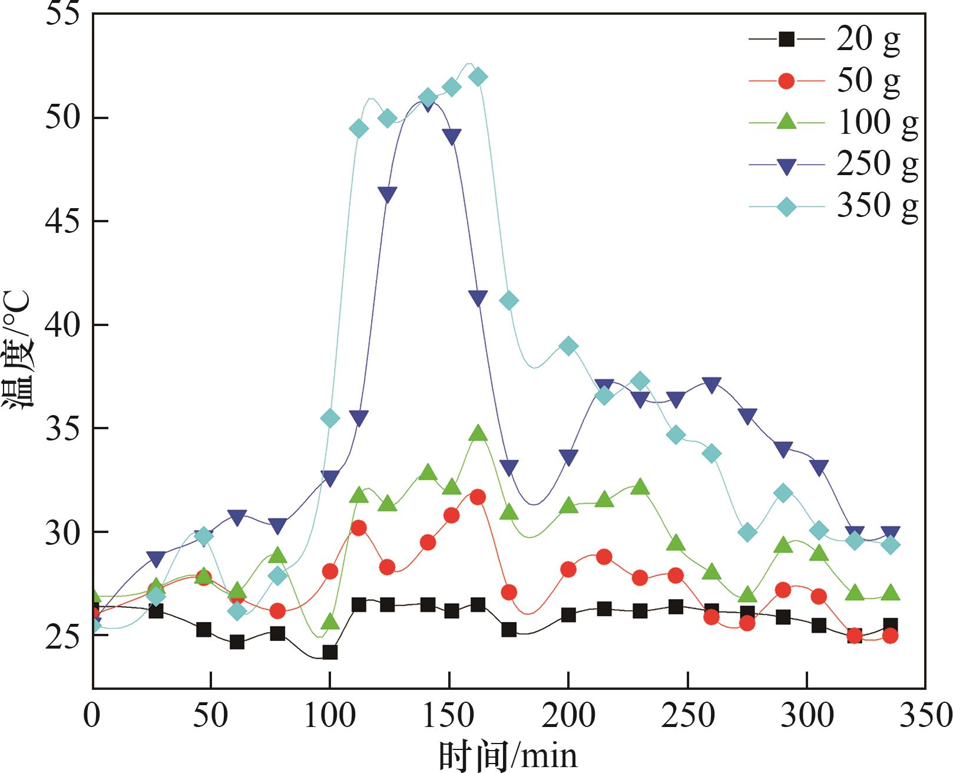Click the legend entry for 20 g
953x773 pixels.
868,40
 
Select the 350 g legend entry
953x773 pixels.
877,206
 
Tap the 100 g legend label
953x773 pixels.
877,123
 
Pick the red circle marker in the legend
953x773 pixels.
786,81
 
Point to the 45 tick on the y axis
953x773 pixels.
62,222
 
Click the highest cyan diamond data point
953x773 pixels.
478,77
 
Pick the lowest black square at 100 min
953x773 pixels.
330,652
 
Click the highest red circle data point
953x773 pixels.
478,497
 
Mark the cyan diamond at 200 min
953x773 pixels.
568,346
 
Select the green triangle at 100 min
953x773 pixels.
330,621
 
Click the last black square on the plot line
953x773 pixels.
891,625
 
